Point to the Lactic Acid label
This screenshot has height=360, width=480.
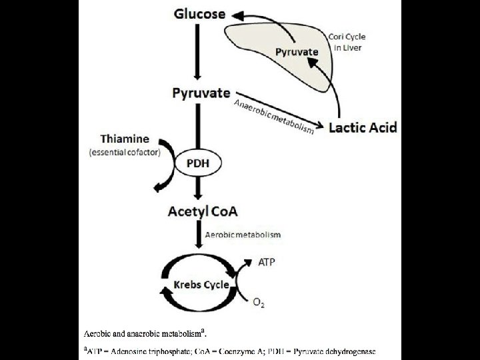[x=363, y=126]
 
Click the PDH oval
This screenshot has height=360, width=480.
[x=197, y=163]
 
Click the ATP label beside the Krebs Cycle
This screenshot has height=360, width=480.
[x=266, y=263]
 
